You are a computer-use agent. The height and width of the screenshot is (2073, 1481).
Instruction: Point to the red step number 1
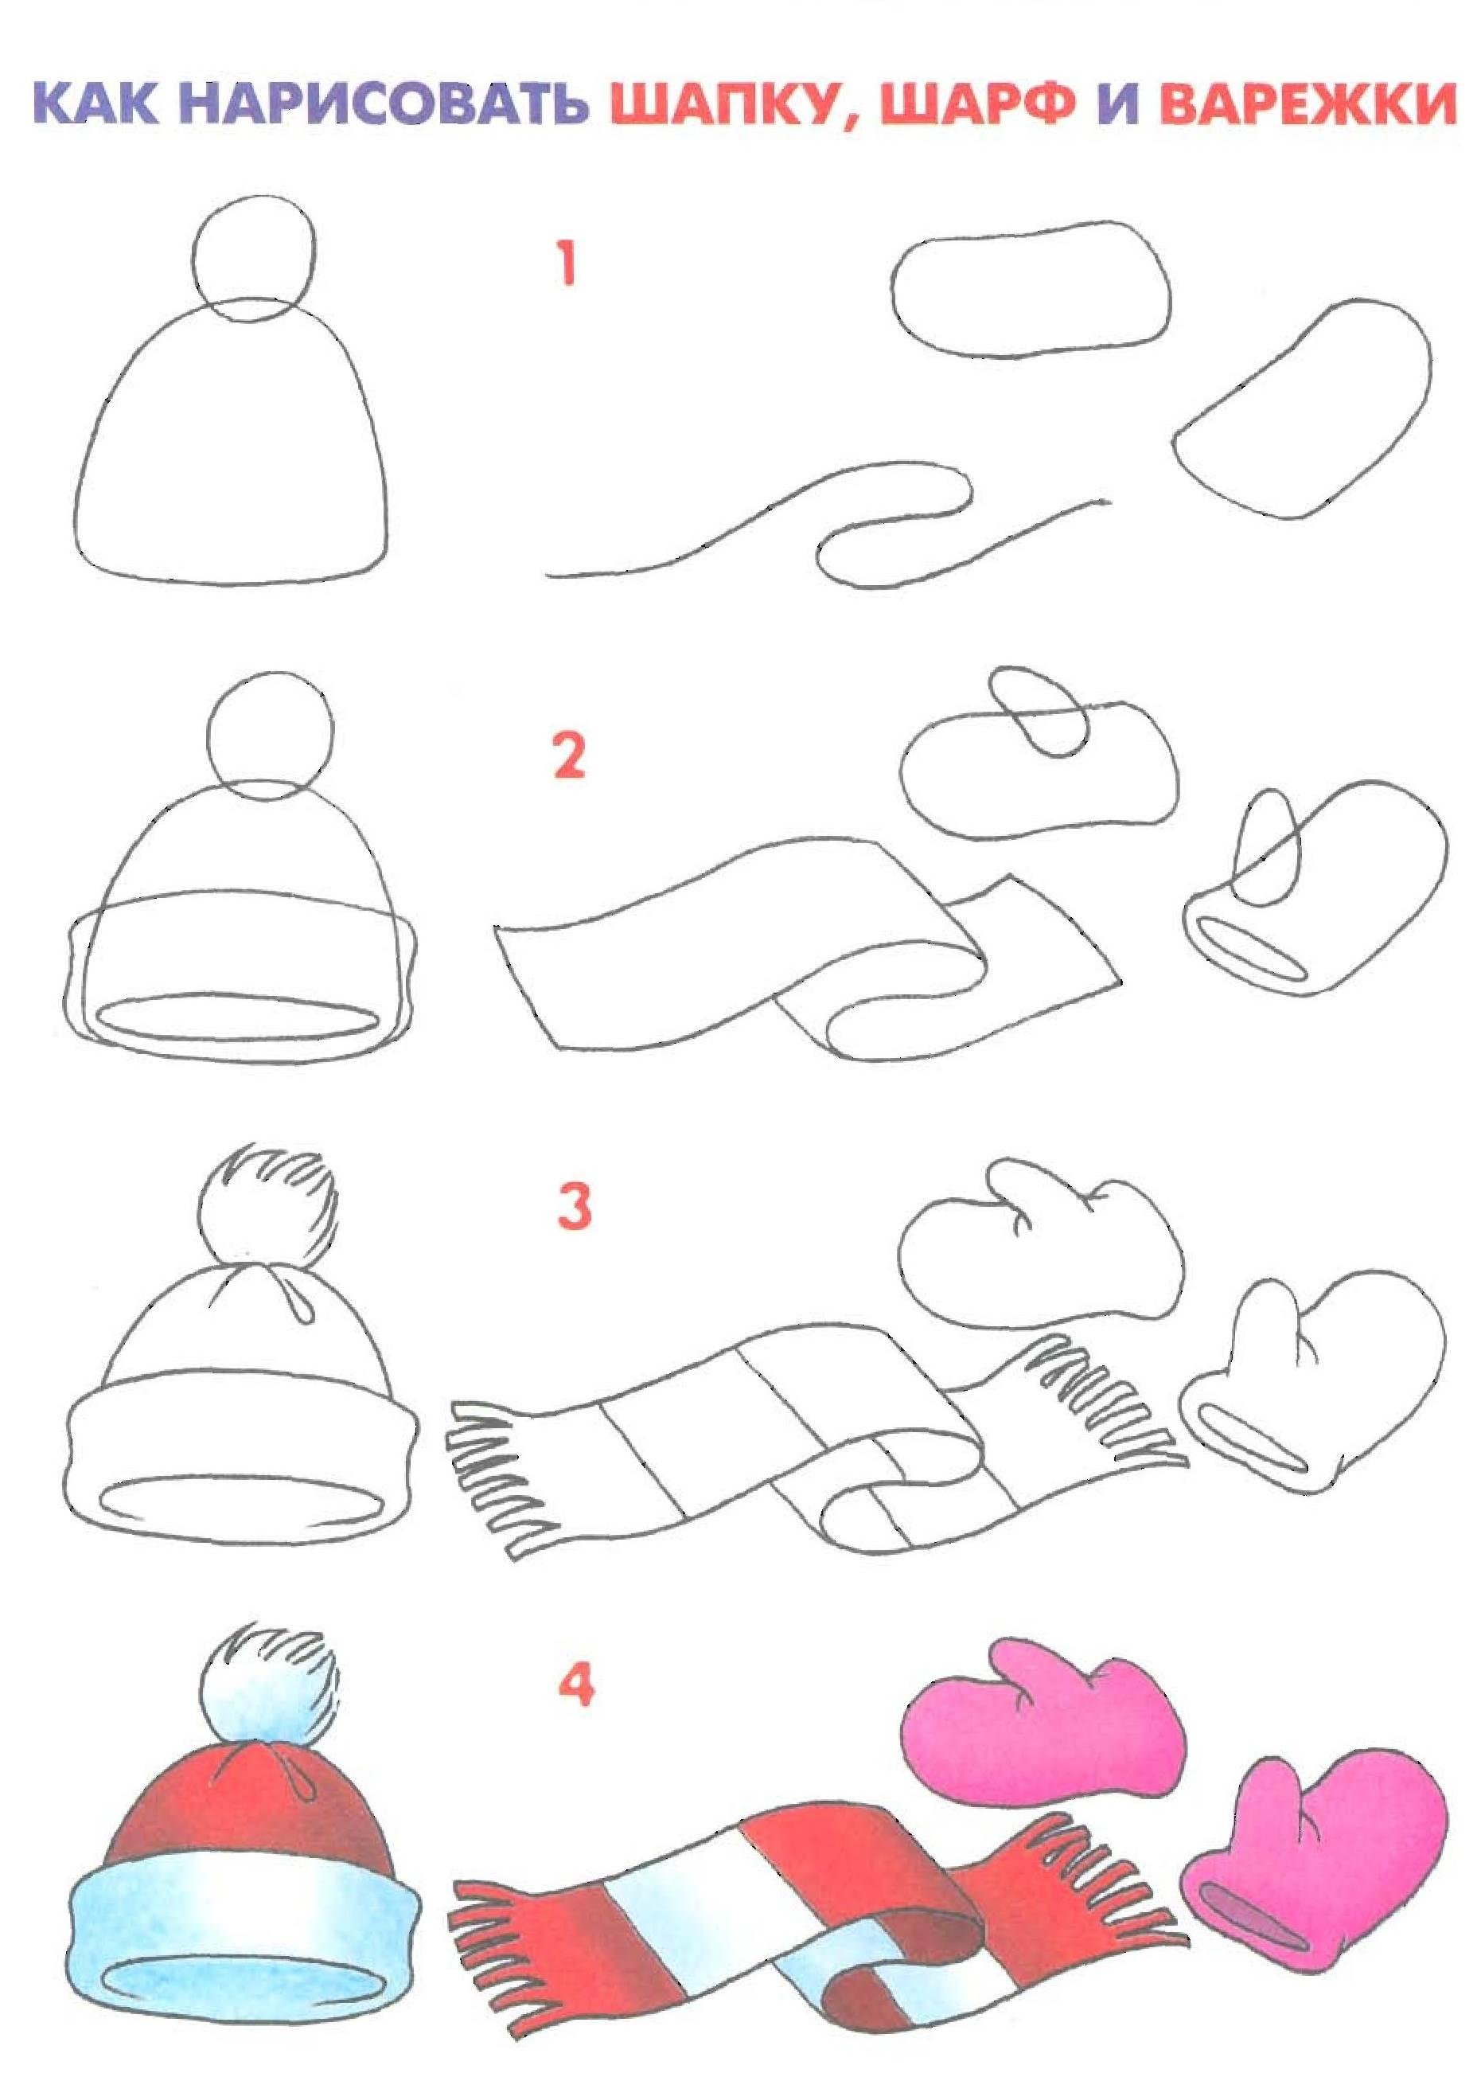[x=567, y=263]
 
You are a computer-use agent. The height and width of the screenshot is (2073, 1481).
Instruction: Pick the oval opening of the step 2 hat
[x=237, y=1017]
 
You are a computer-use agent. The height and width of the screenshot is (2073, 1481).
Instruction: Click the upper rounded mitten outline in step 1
[x=1031, y=288]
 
